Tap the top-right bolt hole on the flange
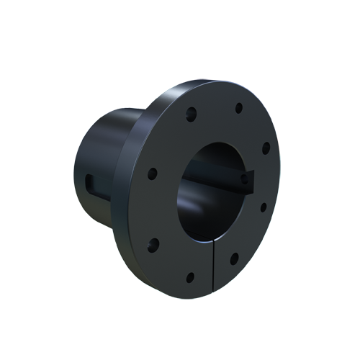pyautogui.click(x=238, y=108)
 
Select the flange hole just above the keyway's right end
pyautogui.click(x=265, y=148)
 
